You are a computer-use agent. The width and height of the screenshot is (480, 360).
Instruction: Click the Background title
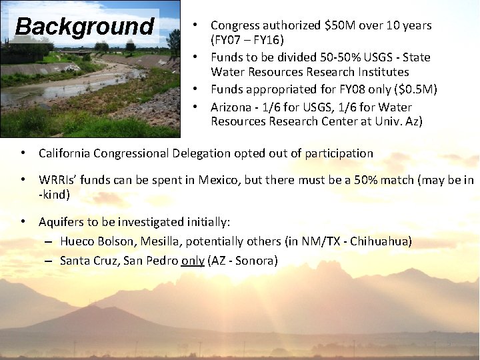click(84, 27)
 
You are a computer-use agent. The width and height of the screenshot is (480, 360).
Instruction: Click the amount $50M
click(340, 25)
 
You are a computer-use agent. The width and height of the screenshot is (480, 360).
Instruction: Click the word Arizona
click(232, 107)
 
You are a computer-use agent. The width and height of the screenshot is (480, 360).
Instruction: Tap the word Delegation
click(195, 153)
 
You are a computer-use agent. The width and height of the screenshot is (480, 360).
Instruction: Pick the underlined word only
click(192, 261)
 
